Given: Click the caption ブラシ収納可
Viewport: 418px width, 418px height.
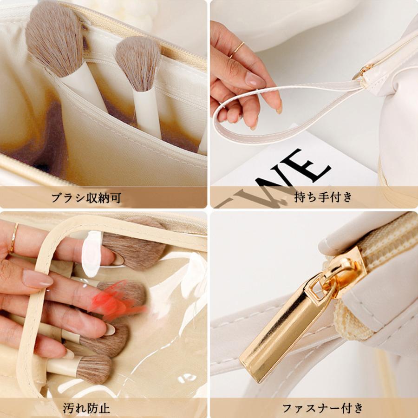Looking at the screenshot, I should click(x=86, y=198).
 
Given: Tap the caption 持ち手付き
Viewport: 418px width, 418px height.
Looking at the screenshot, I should click(x=324, y=197).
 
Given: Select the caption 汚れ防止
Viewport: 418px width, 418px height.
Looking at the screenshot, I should click(x=87, y=409).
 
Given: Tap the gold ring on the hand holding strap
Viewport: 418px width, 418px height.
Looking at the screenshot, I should click(x=236, y=49).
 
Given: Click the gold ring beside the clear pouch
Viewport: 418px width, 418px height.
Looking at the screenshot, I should click(x=14, y=238).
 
